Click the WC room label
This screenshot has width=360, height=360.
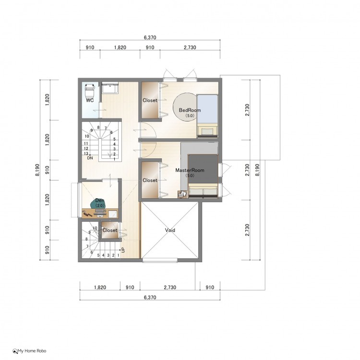coord(90,100)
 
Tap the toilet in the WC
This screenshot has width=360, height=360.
coord(90,90)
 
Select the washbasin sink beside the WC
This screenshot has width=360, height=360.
coord(110,88)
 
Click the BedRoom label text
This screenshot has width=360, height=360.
coord(190,110)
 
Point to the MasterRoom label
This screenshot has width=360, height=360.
coord(190,170)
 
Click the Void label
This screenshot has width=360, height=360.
coord(170,230)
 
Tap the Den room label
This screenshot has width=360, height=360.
coord(100,201)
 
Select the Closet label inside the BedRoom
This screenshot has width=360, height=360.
coord(150,100)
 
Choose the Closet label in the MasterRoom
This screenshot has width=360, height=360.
coord(150,180)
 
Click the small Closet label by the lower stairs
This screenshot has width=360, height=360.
coord(110,230)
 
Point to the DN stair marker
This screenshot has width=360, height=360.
coord(90,158)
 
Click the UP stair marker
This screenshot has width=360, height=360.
coord(123,250)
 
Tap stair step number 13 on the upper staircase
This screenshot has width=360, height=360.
coord(86,154)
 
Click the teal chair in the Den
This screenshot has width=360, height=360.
coord(98,204)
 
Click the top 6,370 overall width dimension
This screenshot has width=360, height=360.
coord(150,37)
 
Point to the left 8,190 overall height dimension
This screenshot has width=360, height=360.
coord(37,170)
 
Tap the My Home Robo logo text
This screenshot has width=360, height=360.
coord(32,351)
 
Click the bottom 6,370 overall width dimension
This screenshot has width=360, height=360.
coord(150,297)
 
